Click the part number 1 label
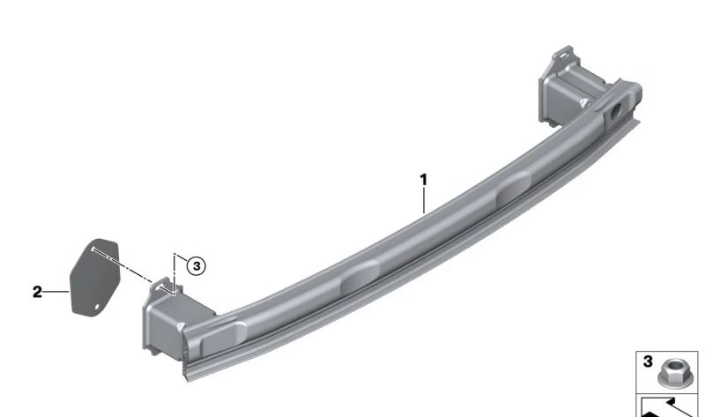point(423,180)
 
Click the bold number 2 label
point(37,292)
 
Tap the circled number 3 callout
point(196,266)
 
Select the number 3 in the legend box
point(648,361)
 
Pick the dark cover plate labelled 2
point(94,277)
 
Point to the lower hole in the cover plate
point(97,307)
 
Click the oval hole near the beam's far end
point(615,111)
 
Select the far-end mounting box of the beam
point(568,90)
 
